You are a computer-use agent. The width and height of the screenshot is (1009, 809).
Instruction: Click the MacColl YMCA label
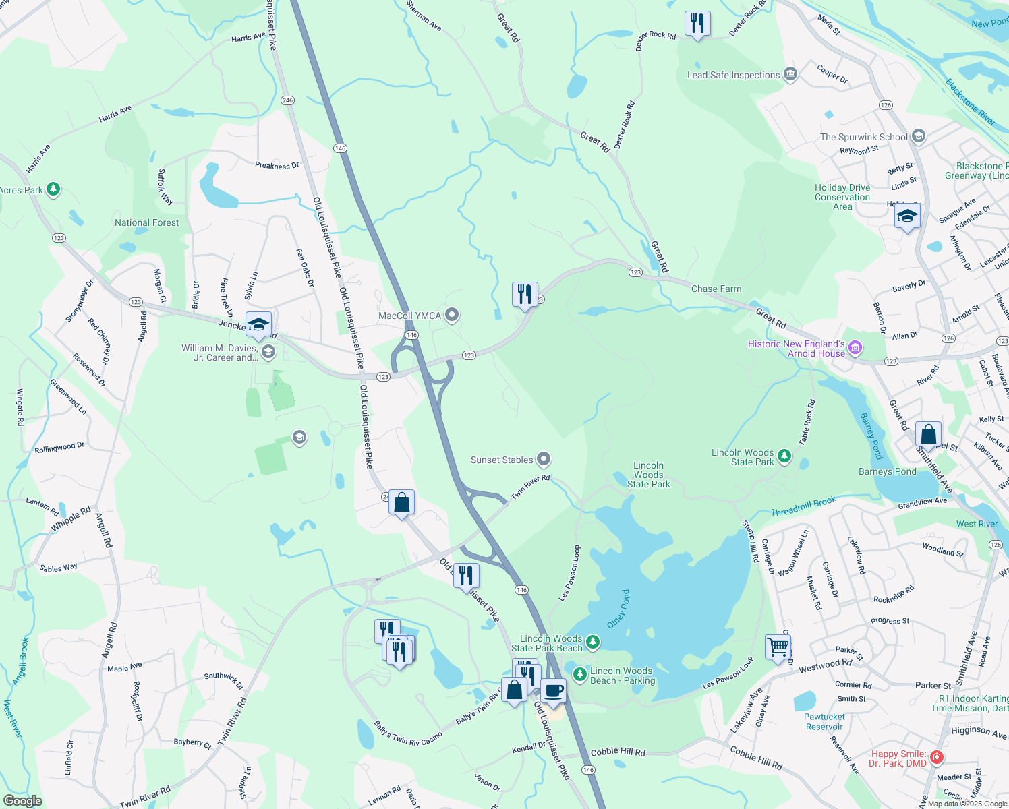(409, 316)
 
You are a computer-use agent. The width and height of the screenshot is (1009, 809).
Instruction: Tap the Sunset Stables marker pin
(544, 460)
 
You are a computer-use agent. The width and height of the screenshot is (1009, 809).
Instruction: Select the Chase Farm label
(716, 289)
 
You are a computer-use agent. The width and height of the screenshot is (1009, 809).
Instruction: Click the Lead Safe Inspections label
(733, 75)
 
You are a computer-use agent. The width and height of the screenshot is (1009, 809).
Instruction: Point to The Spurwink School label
(863, 137)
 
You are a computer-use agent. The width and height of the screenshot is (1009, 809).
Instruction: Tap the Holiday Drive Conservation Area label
(842, 197)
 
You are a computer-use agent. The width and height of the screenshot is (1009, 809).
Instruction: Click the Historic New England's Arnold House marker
(855, 348)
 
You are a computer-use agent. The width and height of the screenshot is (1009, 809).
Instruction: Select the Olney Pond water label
(618, 609)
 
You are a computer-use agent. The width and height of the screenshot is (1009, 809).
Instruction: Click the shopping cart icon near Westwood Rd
(778, 647)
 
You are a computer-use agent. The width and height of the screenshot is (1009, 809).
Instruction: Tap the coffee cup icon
(553, 691)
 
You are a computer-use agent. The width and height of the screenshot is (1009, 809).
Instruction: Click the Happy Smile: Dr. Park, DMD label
(898, 758)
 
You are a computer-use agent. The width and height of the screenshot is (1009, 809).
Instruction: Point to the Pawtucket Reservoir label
(824, 721)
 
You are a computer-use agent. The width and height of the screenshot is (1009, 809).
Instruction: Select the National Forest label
(147, 222)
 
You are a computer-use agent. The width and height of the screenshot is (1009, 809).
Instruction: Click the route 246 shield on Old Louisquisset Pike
(288, 100)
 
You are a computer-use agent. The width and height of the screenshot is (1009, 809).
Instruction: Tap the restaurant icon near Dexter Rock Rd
(697, 24)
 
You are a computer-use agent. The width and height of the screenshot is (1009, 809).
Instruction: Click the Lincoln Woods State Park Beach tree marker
(592, 641)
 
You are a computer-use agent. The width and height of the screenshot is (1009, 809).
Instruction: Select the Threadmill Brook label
(803, 506)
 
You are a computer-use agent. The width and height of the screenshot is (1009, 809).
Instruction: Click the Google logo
(22, 801)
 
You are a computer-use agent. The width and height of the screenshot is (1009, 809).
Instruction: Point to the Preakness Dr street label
(277, 166)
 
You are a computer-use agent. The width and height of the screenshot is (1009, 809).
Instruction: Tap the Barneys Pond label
(887, 471)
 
